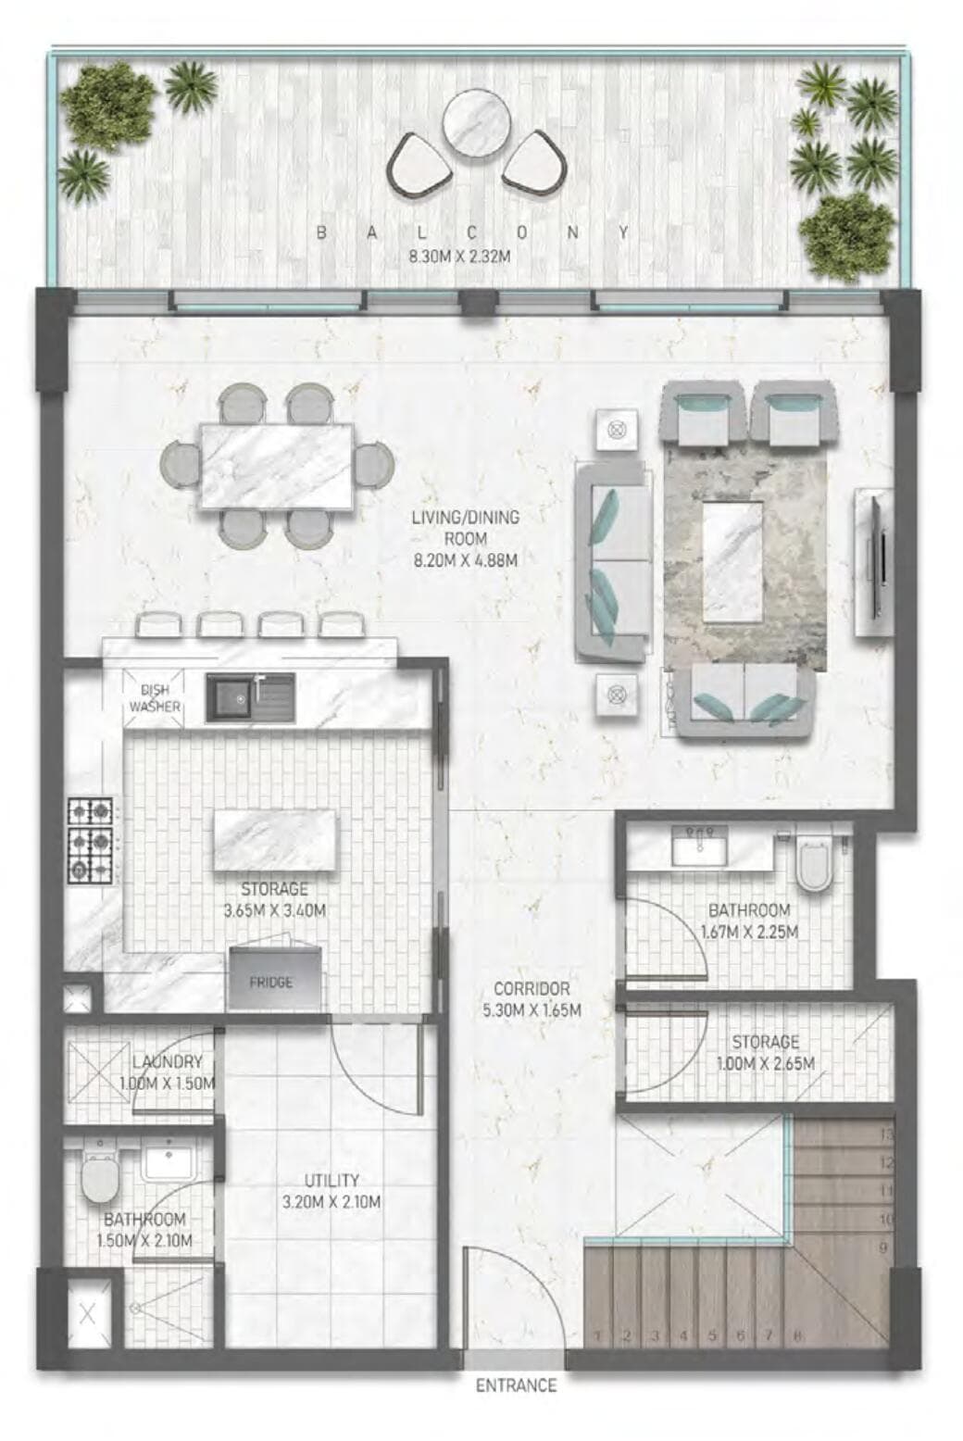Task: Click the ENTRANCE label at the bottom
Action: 516,1385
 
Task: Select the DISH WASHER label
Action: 155,698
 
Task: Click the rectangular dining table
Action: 276,465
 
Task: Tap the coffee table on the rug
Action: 732,561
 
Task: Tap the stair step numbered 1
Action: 599,1335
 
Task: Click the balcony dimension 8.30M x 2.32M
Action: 459,257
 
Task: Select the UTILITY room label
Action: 331,1181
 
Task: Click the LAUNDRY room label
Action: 167,1062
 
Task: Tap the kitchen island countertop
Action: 275,840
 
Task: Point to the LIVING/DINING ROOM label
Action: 464,528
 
